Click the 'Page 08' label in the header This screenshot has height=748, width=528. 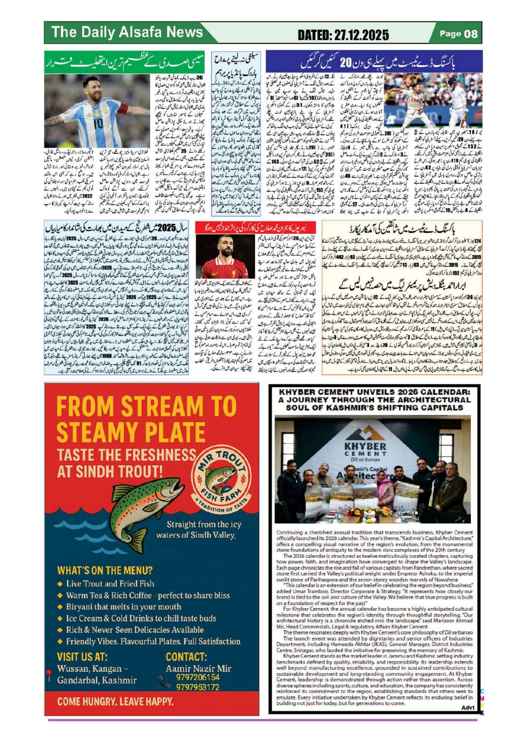(458, 33)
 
